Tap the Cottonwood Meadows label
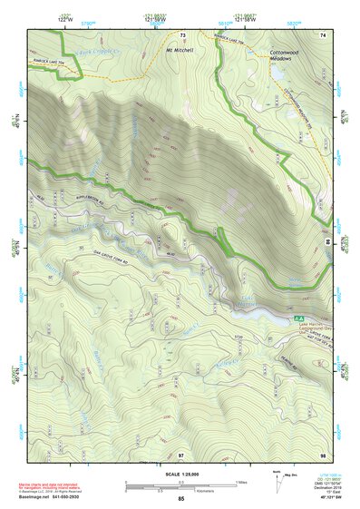[287, 58]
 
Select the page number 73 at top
[182, 35]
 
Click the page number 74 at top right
[322, 34]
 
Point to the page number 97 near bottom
[180, 454]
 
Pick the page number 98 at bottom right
[322, 454]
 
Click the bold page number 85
[180, 499]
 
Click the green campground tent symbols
[298, 318]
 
